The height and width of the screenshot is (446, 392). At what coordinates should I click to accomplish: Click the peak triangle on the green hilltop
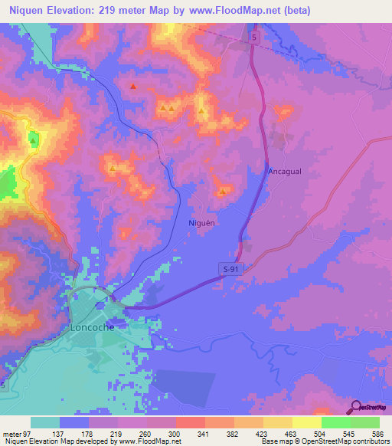point(33,138)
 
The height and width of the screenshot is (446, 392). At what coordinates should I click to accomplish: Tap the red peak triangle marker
point(133,87)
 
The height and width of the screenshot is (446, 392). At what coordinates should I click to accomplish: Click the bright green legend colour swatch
point(336,422)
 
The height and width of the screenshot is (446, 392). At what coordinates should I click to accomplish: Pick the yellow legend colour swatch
point(307,422)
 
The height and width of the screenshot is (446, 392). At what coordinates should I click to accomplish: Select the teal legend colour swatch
point(45,422)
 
